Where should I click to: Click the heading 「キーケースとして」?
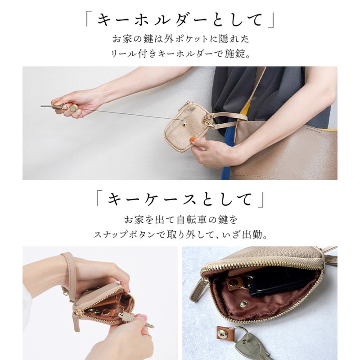tap(180, 199)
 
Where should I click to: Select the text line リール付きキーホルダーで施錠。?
tap(180, 54)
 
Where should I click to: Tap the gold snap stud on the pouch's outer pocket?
tap(184, 125)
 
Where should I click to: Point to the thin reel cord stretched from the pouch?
tap(129, 114)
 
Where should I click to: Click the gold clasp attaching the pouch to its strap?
tap(208, 121)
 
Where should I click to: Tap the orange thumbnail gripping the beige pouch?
tap(193, 139)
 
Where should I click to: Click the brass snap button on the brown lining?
tap(243, 304)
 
